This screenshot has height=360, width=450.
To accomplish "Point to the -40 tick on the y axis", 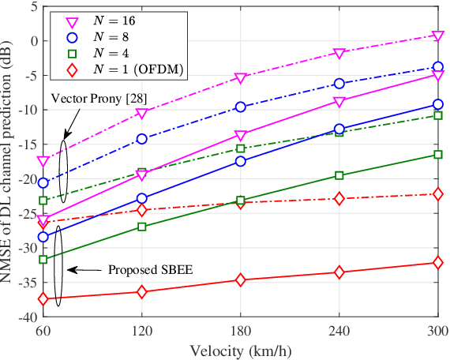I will tap(27, 317).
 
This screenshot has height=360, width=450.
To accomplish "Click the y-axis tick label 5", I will tap(32, 7).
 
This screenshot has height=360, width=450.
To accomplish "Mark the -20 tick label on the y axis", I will tap(27, 179).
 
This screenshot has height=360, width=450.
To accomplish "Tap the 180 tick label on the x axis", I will tap(241, 332).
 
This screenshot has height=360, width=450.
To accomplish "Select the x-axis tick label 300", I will tap(437, 332).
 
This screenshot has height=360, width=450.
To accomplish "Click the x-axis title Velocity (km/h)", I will tap(240, 350).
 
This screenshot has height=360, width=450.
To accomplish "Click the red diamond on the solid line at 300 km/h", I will tap(437, 262).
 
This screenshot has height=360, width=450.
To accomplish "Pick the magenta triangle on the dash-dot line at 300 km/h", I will tap(437, 36).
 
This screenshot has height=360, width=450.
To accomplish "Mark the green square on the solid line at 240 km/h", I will tap(339, 175).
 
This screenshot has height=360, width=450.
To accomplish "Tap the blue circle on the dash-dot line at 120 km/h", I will tap(142, 139).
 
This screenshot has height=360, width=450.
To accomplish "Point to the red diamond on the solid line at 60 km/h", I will tap(43, 299).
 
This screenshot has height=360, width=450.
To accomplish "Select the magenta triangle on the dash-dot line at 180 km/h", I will tap(241, 78).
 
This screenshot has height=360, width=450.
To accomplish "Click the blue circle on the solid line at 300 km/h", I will tap(437, 104).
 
